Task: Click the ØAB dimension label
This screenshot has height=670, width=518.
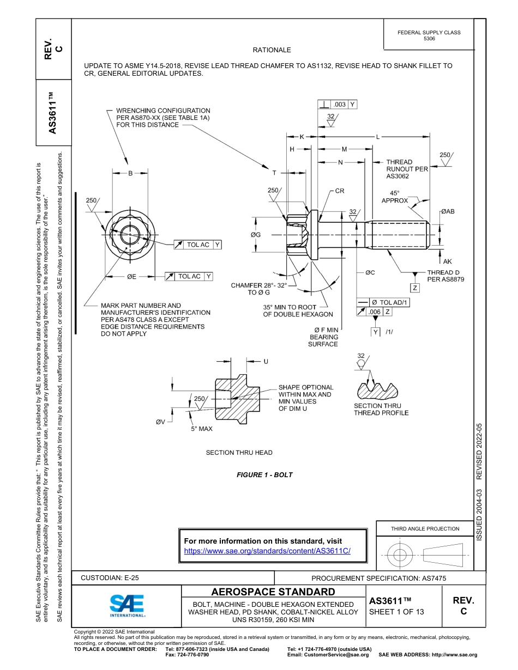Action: tap(447, 211)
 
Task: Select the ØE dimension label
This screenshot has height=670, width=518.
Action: tap(131, 277)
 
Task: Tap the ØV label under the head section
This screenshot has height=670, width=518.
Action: tap(160, 422)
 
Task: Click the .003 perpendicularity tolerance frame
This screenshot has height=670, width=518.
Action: tap(338, 104)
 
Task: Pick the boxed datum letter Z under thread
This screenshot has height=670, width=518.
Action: tap(415, 288)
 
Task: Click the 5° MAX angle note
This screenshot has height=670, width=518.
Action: tap(202, 429)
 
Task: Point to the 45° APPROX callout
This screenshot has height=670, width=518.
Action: tap(394, 197)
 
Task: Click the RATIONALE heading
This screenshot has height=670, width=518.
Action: tap(272, 50)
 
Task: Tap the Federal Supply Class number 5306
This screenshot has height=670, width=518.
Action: tap(429, 39)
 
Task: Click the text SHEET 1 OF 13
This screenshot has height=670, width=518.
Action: tap(396, 612)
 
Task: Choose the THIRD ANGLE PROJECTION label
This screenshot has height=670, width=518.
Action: tap(425, 528)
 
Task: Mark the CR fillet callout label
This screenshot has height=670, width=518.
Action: tap(340, 191)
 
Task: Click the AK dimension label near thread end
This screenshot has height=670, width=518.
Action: tap(447, 261)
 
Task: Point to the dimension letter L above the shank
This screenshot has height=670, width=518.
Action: tap(378, 136)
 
